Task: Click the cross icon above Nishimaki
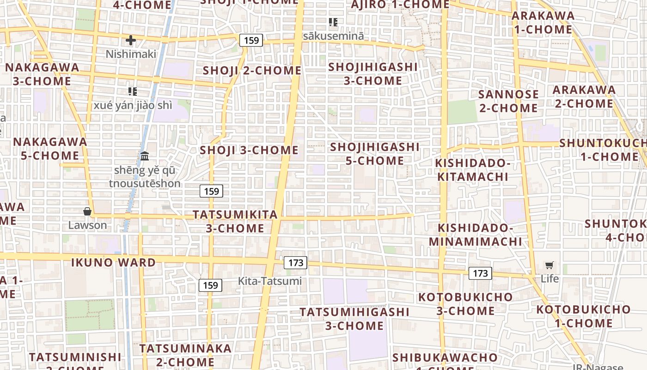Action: (131, 40)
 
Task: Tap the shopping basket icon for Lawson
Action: (87, 212)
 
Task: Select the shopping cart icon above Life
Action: (549, 265)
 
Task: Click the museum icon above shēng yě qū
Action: (145, 156)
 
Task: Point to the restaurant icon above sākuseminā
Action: (333, 22)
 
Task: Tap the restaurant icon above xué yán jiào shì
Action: (133, 92)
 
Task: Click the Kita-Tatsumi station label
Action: (269, 281)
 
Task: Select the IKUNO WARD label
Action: (114, 263)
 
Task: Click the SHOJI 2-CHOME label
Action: (252, 71)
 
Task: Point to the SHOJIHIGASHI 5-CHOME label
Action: (375, 154)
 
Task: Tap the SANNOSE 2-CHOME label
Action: (508, 101)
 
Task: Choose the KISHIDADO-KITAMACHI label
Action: (473, 170)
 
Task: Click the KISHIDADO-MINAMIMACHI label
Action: (476, 234)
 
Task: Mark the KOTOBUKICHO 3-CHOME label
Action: (465, 303)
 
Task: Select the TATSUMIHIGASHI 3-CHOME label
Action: (354, 319)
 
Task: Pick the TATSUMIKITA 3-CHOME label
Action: (235, 221)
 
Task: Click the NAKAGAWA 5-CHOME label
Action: (50, 148)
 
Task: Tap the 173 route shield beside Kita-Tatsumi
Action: (296, 263)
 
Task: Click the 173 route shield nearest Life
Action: (480, 273)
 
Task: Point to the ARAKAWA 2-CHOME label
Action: (584, 96)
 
